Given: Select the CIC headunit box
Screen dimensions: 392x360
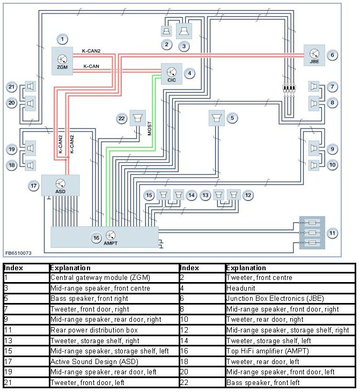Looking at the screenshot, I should (171, 74).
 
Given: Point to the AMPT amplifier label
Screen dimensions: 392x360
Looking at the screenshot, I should (111, 243).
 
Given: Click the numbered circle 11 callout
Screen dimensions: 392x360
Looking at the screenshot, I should (333, 233).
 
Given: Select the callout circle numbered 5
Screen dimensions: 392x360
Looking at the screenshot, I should (232, 117).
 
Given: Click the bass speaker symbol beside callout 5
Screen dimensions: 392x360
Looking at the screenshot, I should (217, 118).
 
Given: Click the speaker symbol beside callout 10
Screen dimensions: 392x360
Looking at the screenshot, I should (314, 165).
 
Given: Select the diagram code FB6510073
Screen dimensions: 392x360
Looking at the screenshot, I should (18, 252).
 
